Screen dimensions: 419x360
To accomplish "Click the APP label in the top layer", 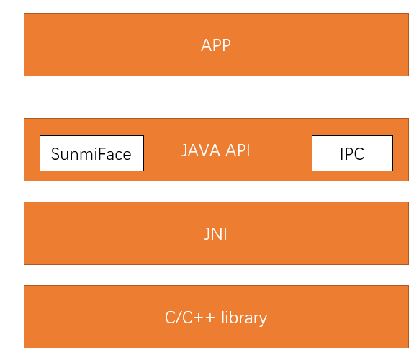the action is click(216, 45).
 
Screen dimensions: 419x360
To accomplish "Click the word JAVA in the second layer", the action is click(201, 150).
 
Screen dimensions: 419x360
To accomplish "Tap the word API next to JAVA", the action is click(238, 150).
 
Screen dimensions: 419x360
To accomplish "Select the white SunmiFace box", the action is click(91, 153).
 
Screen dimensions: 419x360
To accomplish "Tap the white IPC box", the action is click(352, 153).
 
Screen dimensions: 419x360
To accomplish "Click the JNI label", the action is click(216, 234).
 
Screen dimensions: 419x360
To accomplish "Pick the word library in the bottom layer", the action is click(244, 318).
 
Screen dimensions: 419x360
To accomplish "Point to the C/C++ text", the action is click(190, 318).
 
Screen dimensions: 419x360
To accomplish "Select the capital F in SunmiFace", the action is click(100, 154).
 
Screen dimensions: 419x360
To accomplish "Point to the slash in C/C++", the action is click(179, 318).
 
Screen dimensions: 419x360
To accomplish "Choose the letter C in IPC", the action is click(359, 154).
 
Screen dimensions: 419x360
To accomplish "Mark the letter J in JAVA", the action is click(184, 150).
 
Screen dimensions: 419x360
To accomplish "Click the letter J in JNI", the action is click(207, 235).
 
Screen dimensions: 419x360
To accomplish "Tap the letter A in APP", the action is click(206, 45).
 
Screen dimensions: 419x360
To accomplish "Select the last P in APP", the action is click(226, 45).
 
